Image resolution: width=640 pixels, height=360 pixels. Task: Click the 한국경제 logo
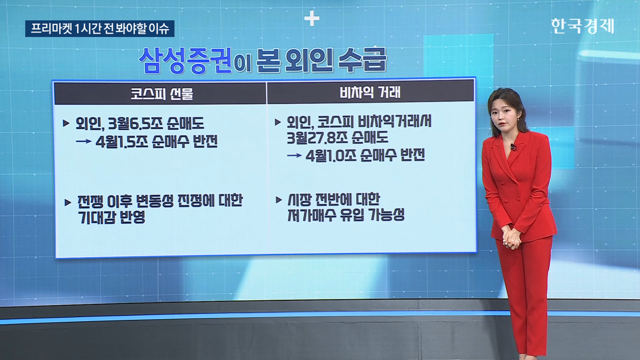[582, 26]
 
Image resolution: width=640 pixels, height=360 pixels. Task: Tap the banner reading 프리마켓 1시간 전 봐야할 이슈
[100, 29]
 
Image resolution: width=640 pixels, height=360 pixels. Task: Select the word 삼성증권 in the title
[185, 60]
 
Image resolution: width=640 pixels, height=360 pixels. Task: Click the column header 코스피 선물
[162, 94]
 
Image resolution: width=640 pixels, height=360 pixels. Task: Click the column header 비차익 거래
[370, 92]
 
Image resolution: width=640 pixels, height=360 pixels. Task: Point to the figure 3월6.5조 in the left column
[136, 124]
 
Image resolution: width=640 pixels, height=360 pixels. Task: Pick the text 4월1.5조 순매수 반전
[157, 142]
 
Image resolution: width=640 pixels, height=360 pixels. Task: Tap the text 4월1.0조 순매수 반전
[365, 155]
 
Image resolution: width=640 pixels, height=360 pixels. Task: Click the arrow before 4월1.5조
[84, 142]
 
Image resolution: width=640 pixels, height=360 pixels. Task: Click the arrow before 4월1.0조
[294, 155]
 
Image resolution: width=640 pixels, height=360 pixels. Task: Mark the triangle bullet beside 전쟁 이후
[68, 202]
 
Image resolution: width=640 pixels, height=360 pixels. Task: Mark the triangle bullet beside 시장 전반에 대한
[279, 200]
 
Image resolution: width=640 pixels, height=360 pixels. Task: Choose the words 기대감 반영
[112, 217]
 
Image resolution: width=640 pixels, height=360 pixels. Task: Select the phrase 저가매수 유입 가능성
[346, 215]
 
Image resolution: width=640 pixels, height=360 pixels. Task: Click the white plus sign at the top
[312, 19]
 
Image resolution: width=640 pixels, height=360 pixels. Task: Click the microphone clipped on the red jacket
[513, 147]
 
